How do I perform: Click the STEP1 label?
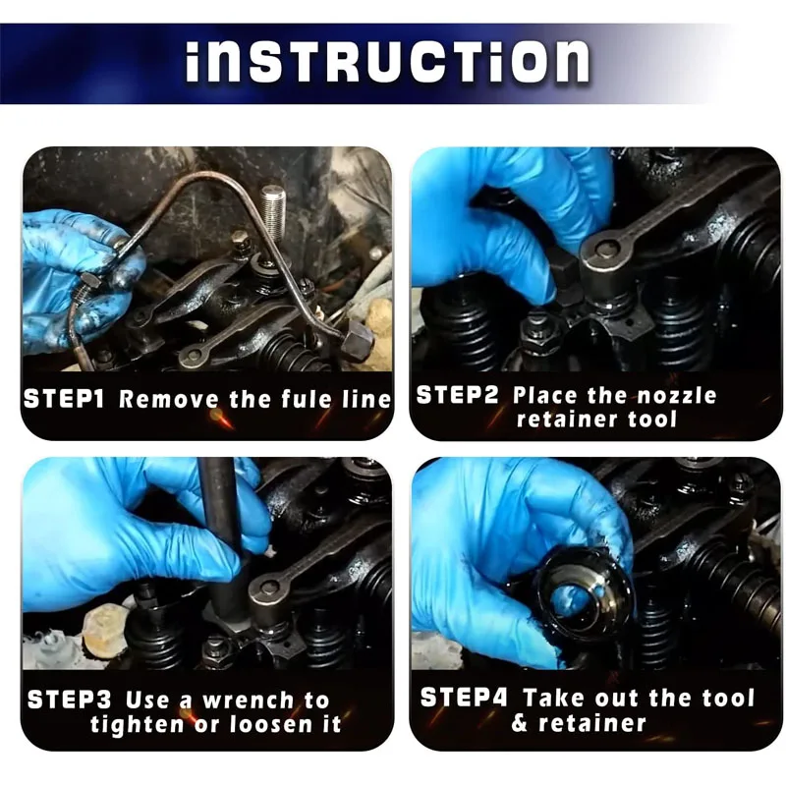(x=64, y=399)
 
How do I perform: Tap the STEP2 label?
(x=457, y=395)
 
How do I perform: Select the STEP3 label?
(x=69, y=700)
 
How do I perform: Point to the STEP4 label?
(x=464, y=698)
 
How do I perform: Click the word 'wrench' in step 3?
(x=249, y=701)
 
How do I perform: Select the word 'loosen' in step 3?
(x=271, y=724)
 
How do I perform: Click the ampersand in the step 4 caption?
(x=520, y=723)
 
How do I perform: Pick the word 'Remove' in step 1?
(x=169, y=400)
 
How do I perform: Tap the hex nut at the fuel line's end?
(x=358, y=340)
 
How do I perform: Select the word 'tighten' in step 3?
(x=137, y=724)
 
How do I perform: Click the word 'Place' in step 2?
(x=545, y=396)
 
